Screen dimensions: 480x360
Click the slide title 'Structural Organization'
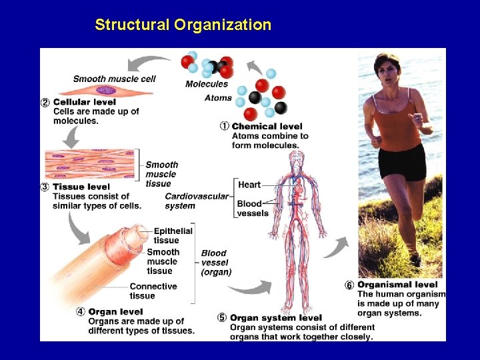pos(183,25)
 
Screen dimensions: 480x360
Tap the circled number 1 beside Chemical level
pos(225,126)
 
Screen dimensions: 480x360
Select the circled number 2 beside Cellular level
pos(45,102)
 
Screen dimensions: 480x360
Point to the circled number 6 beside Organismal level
pos(349,285)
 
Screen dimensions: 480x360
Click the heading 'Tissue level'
pos(81,187)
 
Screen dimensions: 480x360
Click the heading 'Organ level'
pos(115,311)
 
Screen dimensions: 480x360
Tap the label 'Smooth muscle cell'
pos(114,79)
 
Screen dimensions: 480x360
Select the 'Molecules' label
pos(206,84)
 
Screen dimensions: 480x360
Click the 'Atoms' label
pos(218,98)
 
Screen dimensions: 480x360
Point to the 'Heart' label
pos(249,185)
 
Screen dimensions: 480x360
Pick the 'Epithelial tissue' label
pos(173,235)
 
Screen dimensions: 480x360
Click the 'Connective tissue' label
pos(153,291)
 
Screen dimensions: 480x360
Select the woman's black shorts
pos(402,163)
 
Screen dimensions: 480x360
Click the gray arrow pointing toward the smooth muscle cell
pos(148,63)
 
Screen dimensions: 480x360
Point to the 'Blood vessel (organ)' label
pos(216,263)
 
